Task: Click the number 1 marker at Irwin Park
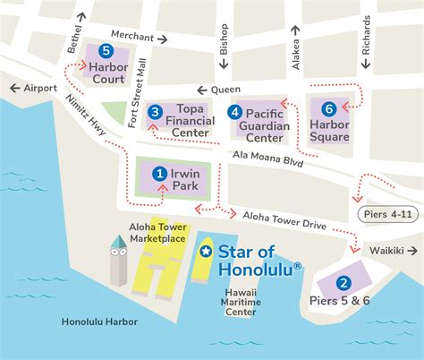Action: pos(159,173)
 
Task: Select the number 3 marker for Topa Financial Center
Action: pos(155,112)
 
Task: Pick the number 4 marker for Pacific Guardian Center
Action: pos(234,112)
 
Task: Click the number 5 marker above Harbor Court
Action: pos(106,51)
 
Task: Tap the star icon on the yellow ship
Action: pos(205,253)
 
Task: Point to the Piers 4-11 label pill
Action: pos(388,215)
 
